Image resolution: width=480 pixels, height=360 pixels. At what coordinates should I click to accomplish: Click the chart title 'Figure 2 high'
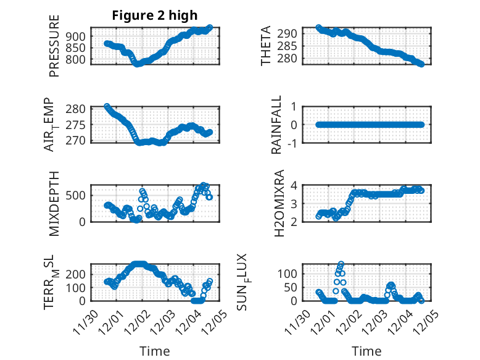[x=154, y=15]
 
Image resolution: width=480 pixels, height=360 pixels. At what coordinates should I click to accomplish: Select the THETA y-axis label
[x=266, y=46]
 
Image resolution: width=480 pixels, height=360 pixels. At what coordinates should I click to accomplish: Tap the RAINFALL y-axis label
[x=277, y=125]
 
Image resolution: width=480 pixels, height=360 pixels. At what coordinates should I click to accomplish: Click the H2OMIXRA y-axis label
[x=279, y=203]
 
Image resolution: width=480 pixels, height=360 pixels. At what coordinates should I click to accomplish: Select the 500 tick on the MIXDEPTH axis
[x=81, y=196]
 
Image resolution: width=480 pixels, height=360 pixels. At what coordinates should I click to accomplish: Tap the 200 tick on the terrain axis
[x=81, y=274]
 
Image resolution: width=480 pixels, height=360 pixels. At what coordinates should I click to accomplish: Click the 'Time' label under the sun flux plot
[x=366, y=351]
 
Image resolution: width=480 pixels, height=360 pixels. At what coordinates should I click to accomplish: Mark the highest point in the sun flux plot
[x=341, y=264]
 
